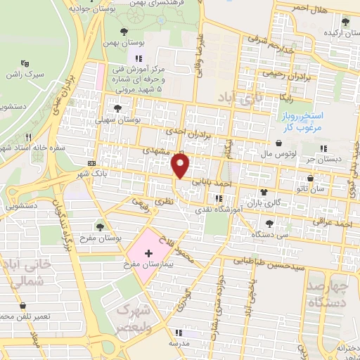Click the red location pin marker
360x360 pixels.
181,166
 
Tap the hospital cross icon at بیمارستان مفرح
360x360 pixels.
148,251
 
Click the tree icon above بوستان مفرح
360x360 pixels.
101,226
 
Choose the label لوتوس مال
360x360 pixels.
276,153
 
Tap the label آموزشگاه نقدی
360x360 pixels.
222,210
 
